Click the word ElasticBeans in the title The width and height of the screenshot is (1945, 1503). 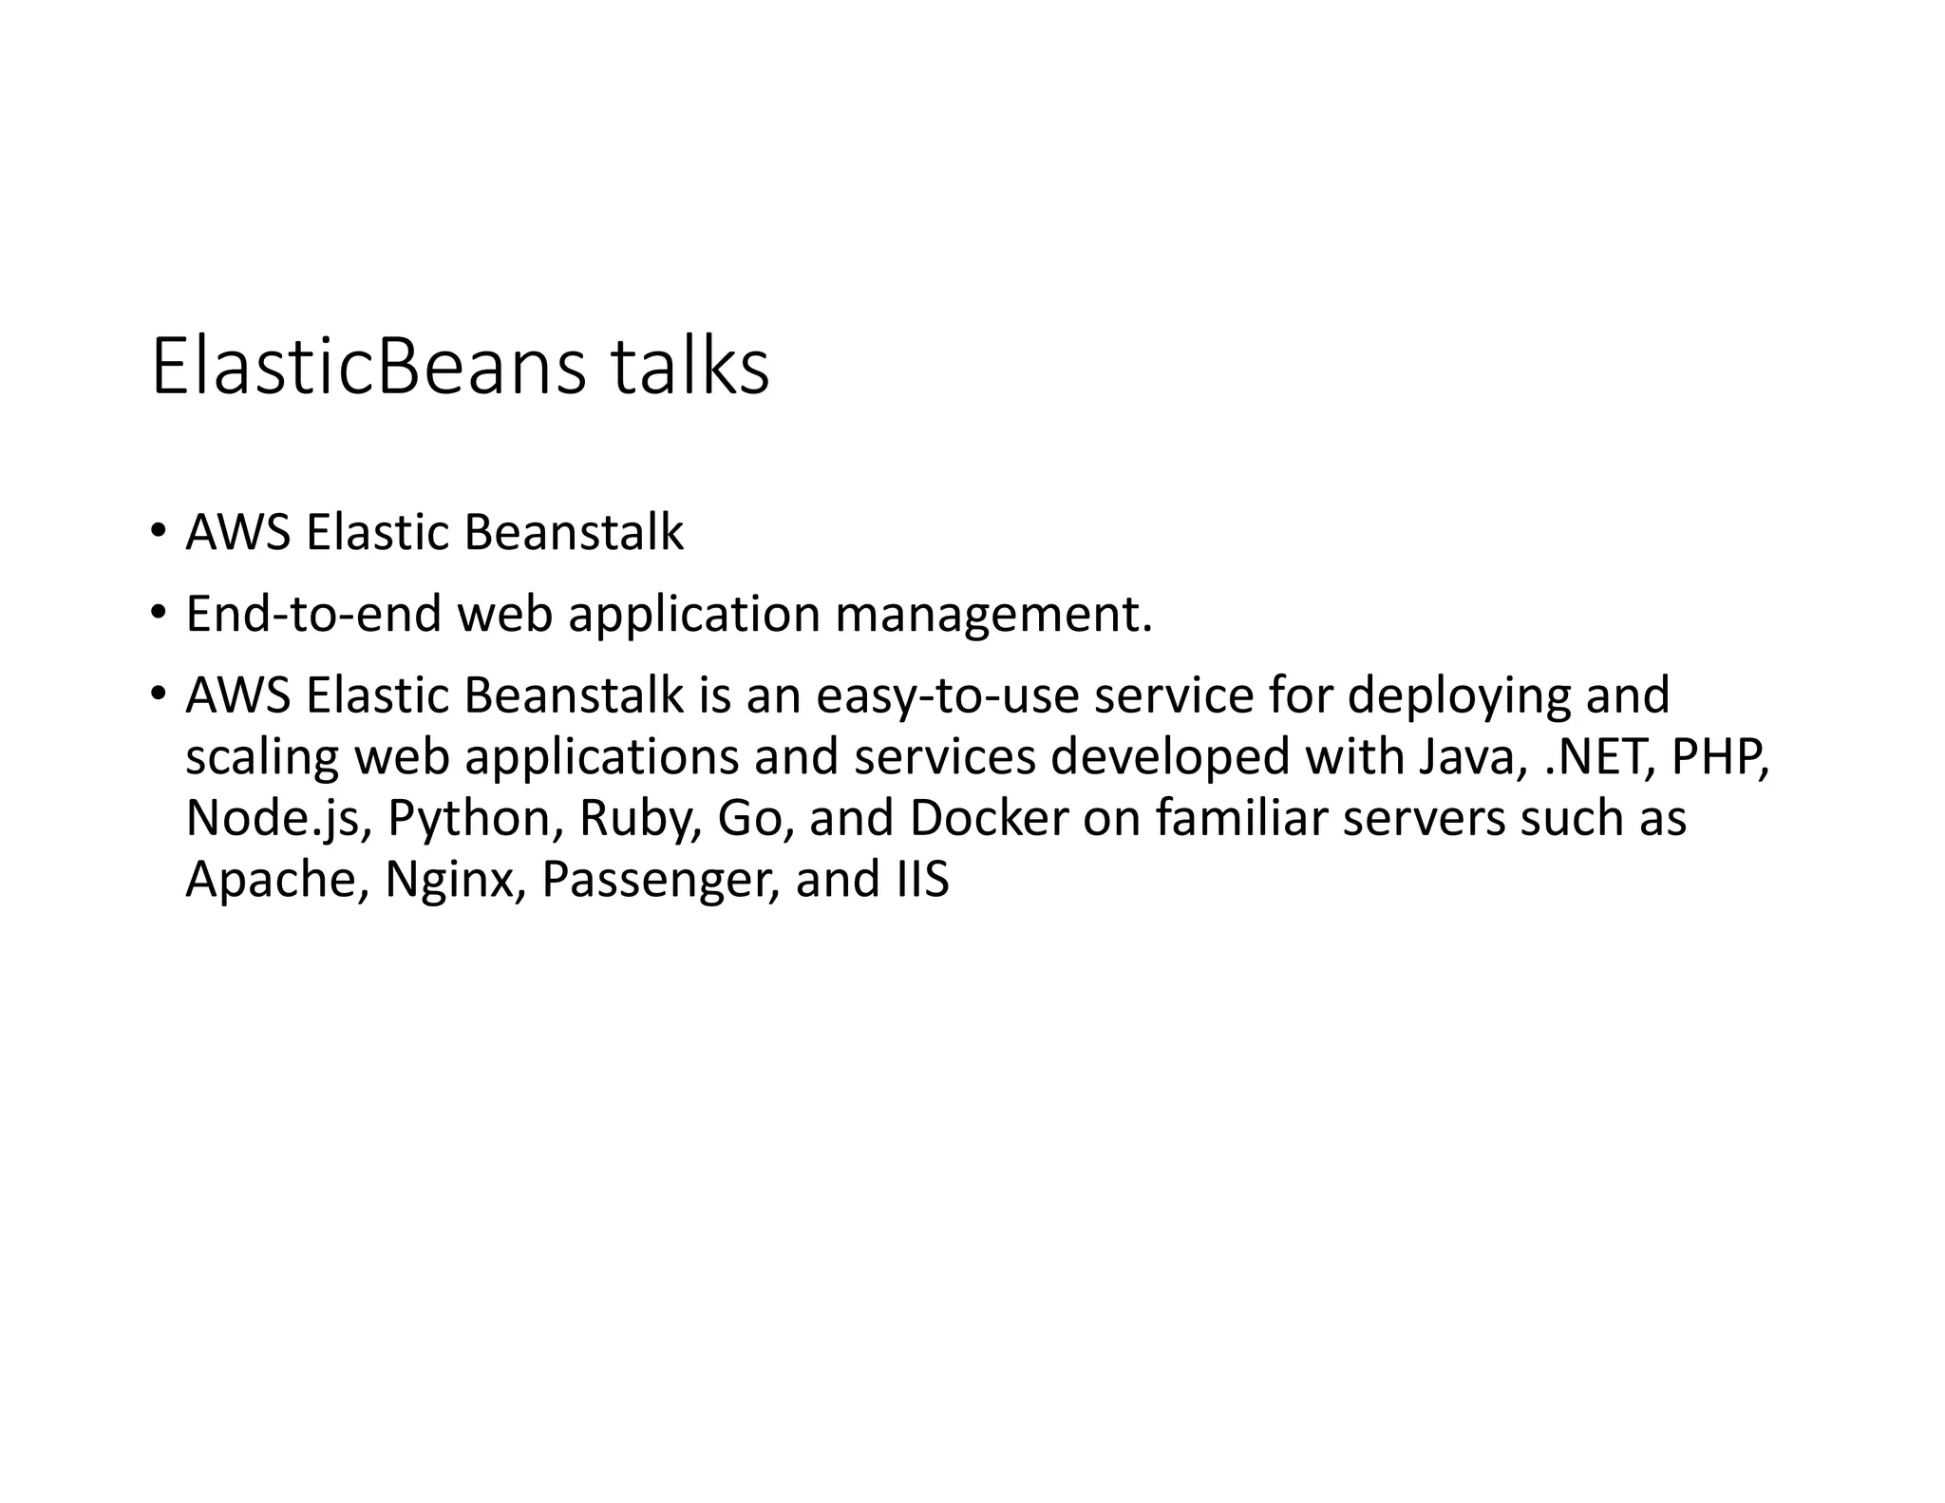point(368,368)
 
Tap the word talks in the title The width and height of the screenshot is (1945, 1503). point(689,368)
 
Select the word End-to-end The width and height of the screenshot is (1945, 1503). point(313,614)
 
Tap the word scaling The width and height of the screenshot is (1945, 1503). point(262,758)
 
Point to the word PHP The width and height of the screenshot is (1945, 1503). point(1720,757)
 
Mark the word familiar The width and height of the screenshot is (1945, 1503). point(1240,818)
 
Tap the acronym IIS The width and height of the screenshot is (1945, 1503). point(921,879)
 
